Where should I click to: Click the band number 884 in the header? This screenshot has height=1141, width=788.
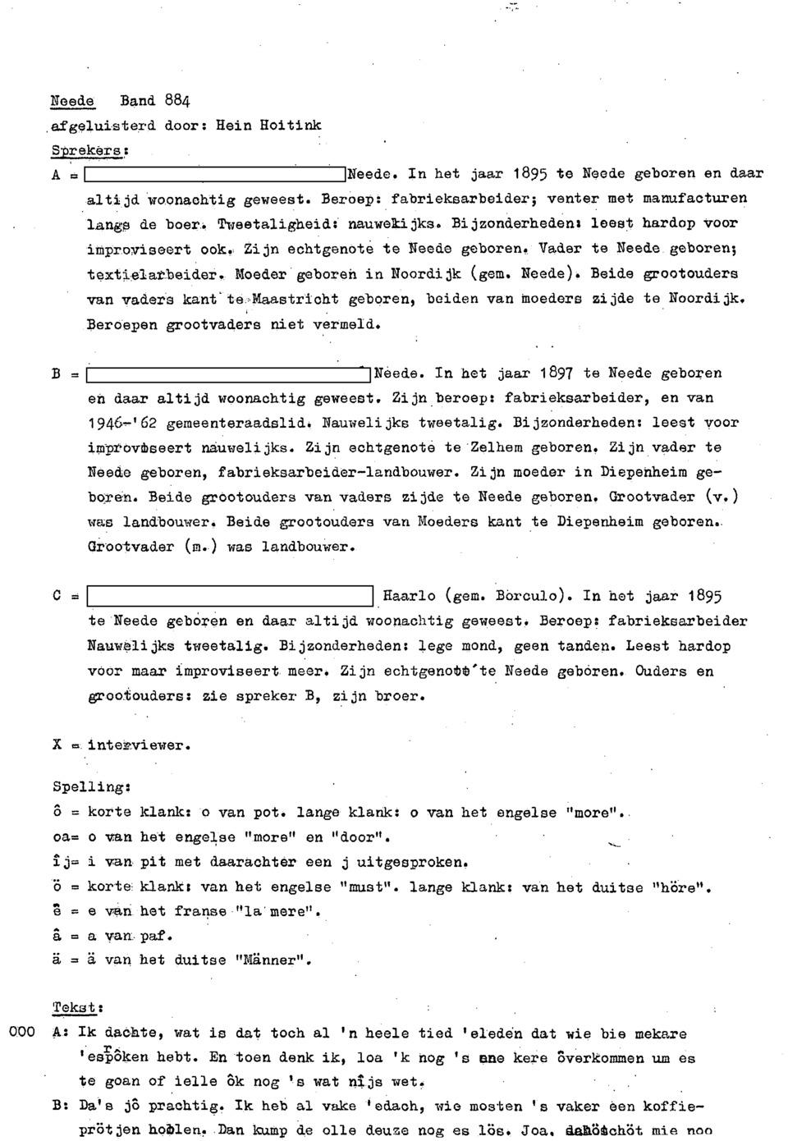[176, 101]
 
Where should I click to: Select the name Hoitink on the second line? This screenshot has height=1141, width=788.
[291, 126]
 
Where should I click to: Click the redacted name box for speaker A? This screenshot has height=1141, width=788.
[214, 174]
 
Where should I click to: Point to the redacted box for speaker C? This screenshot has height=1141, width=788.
[231, 597]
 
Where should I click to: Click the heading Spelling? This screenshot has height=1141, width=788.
[89, 786]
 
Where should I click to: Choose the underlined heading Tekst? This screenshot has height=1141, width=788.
[76, 1007]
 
